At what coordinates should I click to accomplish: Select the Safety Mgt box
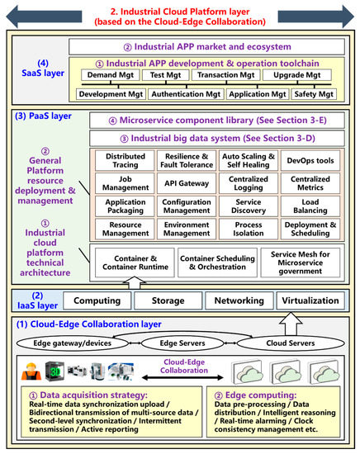315,94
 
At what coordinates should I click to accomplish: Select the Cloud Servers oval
290,343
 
